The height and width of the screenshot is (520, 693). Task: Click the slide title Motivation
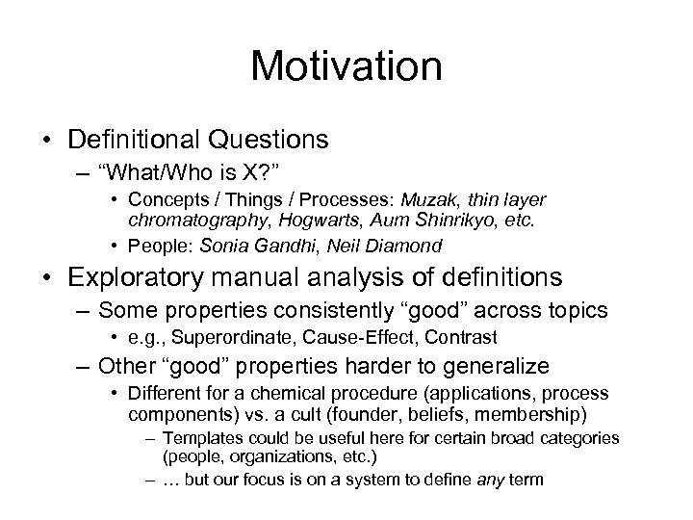coord(346,67)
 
